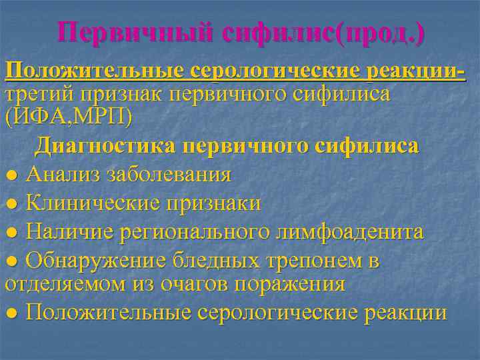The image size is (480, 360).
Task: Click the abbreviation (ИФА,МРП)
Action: pos(69,117)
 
